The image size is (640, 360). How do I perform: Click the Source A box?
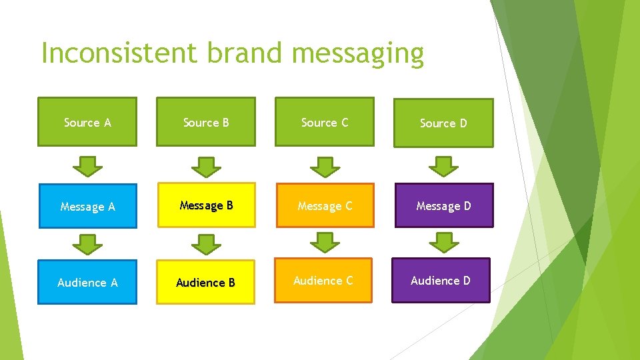click(87, 122)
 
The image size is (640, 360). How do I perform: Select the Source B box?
click(206, 122)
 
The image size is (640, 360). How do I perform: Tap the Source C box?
click(325, 122)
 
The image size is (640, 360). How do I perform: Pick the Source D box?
click(443, 123)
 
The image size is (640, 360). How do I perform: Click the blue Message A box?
click(87, 206)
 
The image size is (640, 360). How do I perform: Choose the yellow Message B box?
click(206, 205)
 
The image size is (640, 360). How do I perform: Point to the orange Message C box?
click(325, 205)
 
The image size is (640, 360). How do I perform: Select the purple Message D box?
click(443, 205)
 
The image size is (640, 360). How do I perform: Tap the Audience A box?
click(87, 282)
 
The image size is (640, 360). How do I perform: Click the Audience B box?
click(205, 282)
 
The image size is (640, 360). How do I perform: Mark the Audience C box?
click(323, 280)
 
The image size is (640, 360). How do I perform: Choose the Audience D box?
click(441, 280)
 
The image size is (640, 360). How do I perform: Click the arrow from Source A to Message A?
click(87, 166)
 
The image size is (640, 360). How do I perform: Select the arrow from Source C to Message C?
click(325, 166)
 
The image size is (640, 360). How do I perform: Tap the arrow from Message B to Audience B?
click(206, 244)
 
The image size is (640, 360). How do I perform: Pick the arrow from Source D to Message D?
click(443, 166)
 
